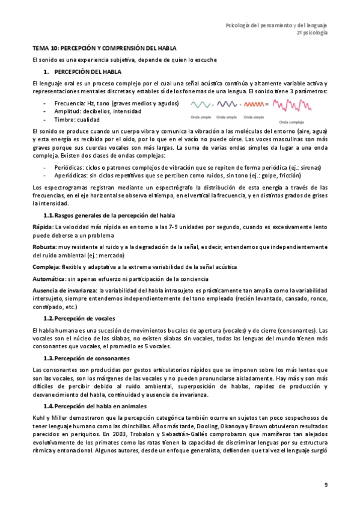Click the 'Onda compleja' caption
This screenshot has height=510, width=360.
[x=293, y=120]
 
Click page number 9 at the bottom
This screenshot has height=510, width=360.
[x=325, y=485]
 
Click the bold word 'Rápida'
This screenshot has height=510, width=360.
[x=42, y=227]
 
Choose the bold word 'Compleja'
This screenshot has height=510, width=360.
[x=46, y=267]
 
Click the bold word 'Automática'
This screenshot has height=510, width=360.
[x=49, y=280]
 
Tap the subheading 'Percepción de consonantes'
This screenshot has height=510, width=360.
[x=91, y=358]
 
